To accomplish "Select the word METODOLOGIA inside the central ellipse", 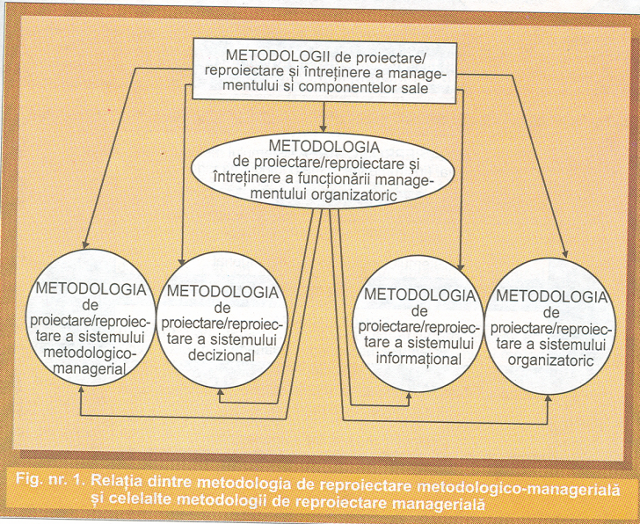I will click(x=326, y=144).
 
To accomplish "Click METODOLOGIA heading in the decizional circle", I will click(x=222, y=291).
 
